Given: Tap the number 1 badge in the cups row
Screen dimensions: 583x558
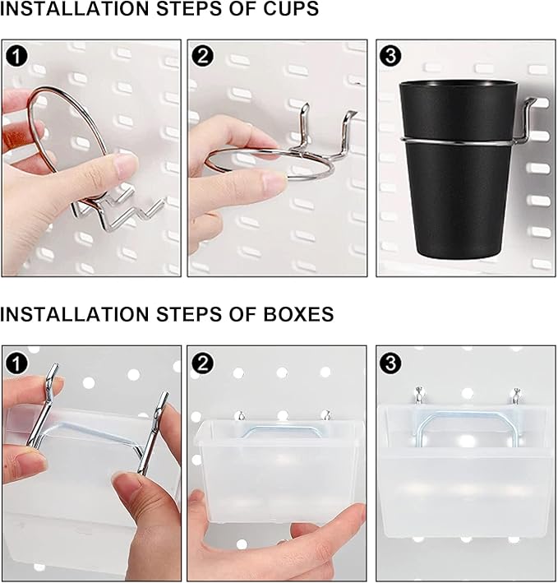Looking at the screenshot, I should click(x=18, y=55).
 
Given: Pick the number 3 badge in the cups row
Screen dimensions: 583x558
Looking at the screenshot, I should click(x=391, y=55).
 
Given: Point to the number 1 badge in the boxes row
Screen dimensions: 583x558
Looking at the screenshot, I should click(x=16, y=363).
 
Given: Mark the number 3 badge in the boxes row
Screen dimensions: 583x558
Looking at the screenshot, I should click(x=391, y=363).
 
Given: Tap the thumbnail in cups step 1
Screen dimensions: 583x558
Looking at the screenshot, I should click(x=126, y=164).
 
